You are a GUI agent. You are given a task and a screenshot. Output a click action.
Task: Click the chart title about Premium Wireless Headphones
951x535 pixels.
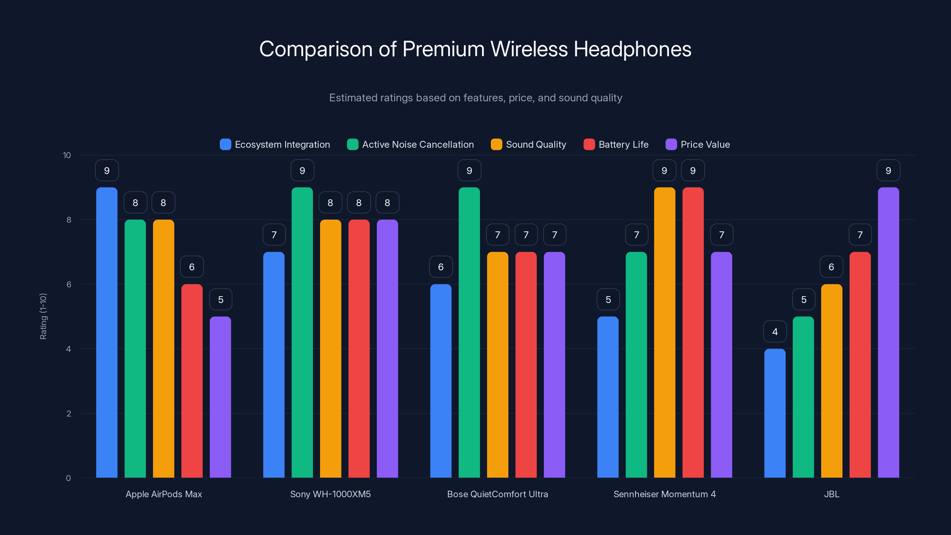click(x=475, y=49)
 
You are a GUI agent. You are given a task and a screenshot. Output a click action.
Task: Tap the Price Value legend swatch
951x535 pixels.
click(x=671, y=144)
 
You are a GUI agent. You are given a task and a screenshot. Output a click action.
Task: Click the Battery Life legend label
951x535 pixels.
click(x=623, y=144)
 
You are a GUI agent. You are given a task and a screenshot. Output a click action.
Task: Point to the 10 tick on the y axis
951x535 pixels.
click(x=67, y=155)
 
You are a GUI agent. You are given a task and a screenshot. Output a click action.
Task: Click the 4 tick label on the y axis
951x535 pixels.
click(x=68, y=349)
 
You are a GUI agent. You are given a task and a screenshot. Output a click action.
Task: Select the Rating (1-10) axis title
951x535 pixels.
click(x=43, y=316)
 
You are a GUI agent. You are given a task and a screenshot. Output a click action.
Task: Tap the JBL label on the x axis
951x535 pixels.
click(x=832, y=494)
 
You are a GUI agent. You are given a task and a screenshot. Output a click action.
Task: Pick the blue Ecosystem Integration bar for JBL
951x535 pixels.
click(x=774, y=413)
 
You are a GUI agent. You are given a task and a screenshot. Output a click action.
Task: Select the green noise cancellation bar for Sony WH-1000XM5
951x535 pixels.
click(x=302, y=332)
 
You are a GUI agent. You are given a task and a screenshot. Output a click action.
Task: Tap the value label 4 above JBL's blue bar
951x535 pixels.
click(x=775, y=332)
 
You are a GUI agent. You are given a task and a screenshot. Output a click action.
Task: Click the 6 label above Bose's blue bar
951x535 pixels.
click(x=440, y=267)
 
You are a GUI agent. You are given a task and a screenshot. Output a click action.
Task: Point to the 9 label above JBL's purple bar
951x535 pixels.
click(x=888, y=170)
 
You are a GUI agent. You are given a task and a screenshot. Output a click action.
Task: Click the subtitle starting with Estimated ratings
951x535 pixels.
click(x=475, y=98)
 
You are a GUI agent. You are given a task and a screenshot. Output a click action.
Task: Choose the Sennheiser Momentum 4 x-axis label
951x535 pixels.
click(x=664, y=494)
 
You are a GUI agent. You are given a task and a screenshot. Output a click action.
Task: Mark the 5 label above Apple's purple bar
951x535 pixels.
click(x=221, y=299)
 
